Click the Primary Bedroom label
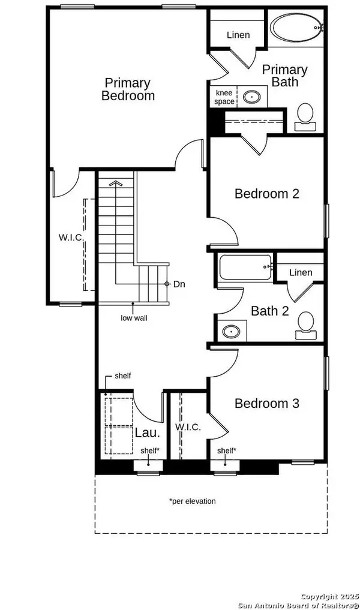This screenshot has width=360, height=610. [x=128, y=89]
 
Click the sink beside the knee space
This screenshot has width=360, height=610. [x=251, y=96]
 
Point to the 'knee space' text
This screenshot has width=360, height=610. [x=224, y=97]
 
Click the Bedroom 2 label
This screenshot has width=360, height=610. [x=266, y=193]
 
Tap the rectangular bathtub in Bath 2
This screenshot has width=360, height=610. [x=245, y=267]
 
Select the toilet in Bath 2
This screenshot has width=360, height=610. [x=306, y=326]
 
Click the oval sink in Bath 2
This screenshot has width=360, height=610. [x=231, y=332]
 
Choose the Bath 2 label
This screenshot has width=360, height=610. [x=270, y=311]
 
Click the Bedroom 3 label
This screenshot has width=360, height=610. [x=266, y=404]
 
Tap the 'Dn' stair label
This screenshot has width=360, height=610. [x=179, y=284]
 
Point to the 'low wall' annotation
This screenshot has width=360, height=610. [x=134, y=318]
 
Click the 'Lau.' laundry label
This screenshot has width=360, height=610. [x=148, y=432]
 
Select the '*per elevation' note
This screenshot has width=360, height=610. [x=192, y=501]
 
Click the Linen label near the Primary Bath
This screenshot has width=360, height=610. [x=238, y=35]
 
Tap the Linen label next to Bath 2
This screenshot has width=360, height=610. [x=301, y=272]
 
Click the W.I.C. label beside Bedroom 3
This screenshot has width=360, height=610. [x=188, y=427]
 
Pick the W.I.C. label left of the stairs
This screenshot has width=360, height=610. [x=71, y=238]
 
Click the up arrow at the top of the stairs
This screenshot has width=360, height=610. [x=115, y=182]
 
